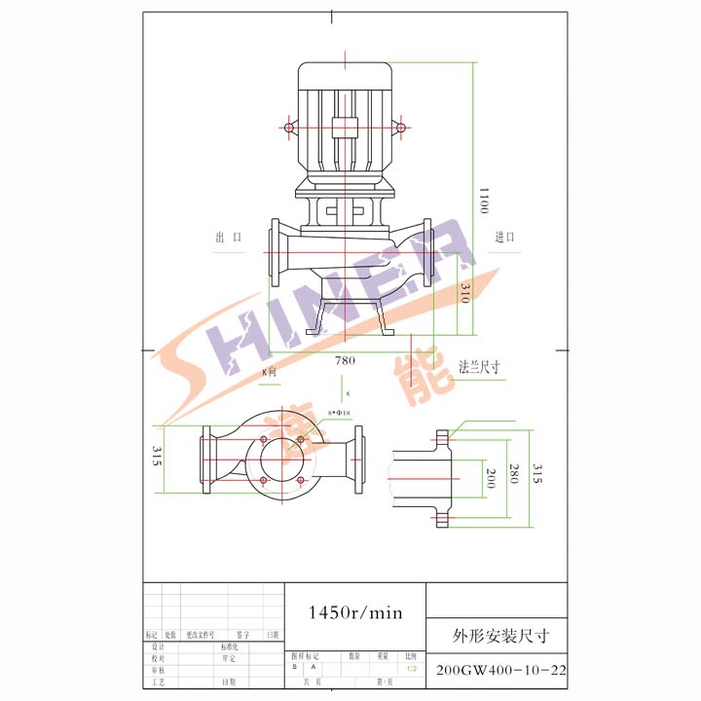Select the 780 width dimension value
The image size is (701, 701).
click(345, 360)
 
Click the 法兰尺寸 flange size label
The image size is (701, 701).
click(478, 367)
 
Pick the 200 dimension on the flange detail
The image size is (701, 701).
click(491, 476)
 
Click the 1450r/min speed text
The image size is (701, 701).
click(354, 612)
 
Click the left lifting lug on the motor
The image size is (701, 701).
click(289, 127)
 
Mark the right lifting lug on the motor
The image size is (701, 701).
click(399, 127)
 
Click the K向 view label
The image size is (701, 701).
click(270, 372)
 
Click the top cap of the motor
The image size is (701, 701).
click(345, 73)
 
